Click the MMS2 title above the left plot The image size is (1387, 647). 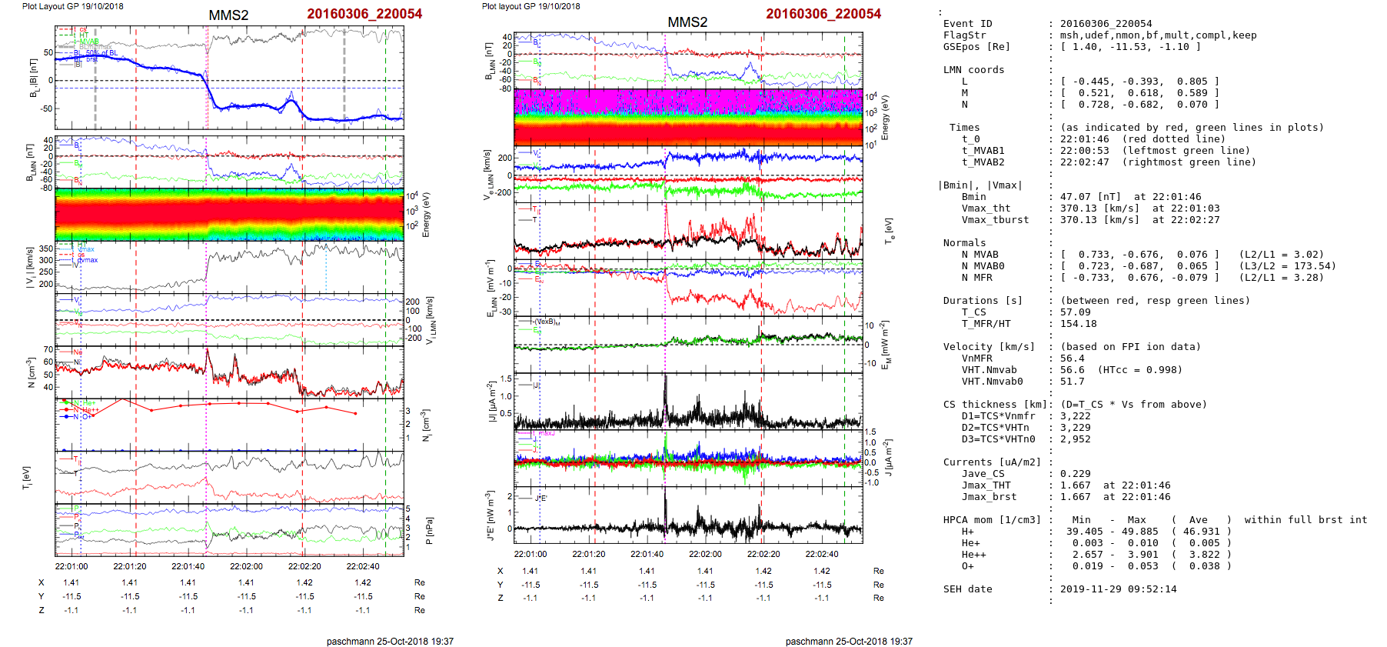tap(228, 15)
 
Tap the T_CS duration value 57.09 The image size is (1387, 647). tap(1075, 312)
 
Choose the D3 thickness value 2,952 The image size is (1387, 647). tap(1075, 439)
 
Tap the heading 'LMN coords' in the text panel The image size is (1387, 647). tap(973, 70)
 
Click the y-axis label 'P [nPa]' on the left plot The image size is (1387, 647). tap(429, 530)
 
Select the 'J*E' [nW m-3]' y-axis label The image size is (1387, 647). tap(490, 515)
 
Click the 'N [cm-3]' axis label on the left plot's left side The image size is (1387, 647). tap(32, 372)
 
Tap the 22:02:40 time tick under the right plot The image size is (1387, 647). tap(822, 554)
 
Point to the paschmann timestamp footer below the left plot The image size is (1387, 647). tap(390, 642)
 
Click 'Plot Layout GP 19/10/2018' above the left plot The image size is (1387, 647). tap(73, 6)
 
